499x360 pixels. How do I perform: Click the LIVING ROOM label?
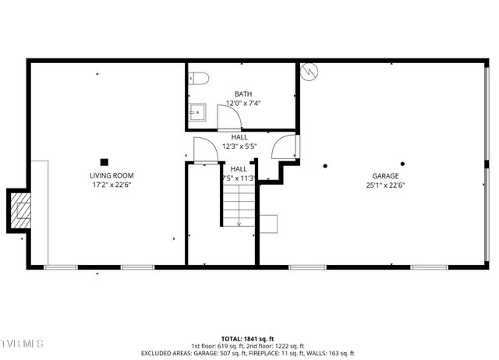pyautogui.click(x=111, y=175)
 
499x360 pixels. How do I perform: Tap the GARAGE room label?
pyautogui.click(x=385, y=175)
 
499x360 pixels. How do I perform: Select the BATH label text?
pyautogui.click(x=242, y=94)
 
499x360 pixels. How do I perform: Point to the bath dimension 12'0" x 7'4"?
pyautogui.click(x=242, y=103)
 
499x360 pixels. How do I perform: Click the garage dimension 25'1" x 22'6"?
pyautogui.click(x=385, y=185)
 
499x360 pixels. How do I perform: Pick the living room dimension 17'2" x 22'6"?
pyautogui.click(x=111, y=185)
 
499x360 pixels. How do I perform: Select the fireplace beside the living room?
pyautogui.click(x=21, y=210)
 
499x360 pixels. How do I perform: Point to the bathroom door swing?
pyautogui.click(x=228, y=118)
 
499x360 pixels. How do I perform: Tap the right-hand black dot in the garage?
pyautogui.click(x=402, y=164)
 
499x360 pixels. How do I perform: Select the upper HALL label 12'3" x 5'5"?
pyautogui.click(x=239, y=141)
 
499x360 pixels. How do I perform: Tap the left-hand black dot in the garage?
pyautogui.click(x=324, y=165)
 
